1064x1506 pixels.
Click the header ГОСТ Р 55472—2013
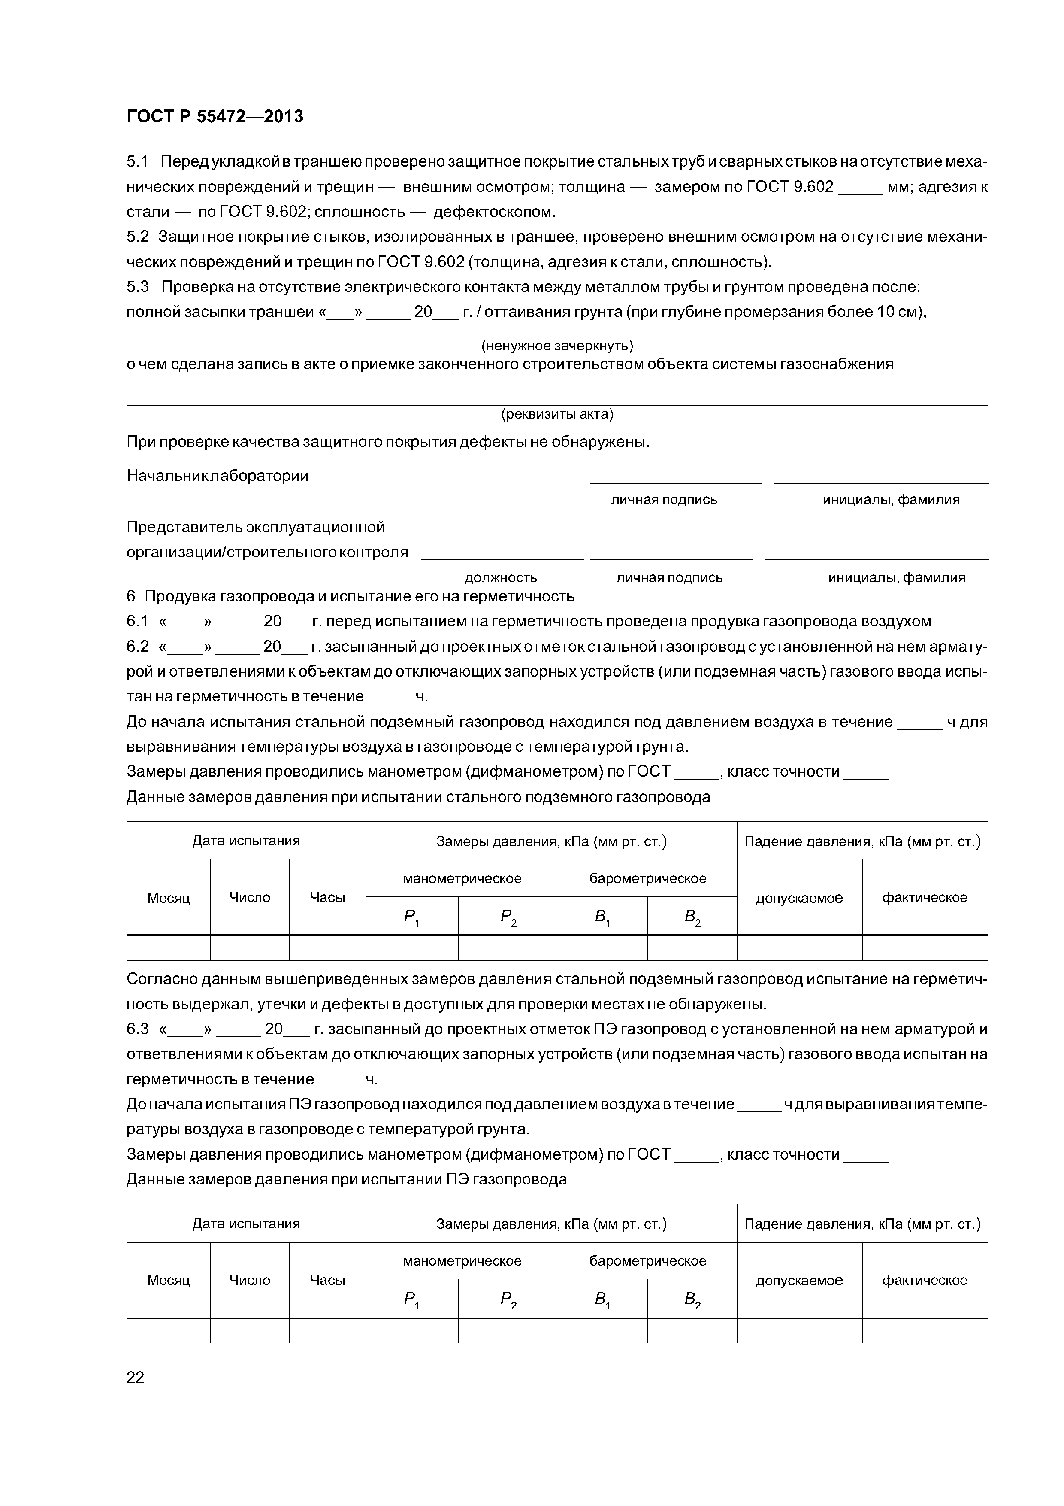(215, 117)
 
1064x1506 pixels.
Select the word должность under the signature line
(500, 578)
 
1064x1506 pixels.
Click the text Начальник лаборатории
(217, 476)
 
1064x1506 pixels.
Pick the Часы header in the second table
(327, 1280)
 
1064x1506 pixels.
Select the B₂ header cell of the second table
(692, 1300)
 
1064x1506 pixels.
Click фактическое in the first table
(925, 897)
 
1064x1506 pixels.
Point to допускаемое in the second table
(799, 1280)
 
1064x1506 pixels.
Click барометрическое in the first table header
(648, 878)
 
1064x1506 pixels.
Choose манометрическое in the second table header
(462, 1261)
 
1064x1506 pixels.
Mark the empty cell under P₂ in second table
(508, 1331)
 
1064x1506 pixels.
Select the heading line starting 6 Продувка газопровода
(350, 596)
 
